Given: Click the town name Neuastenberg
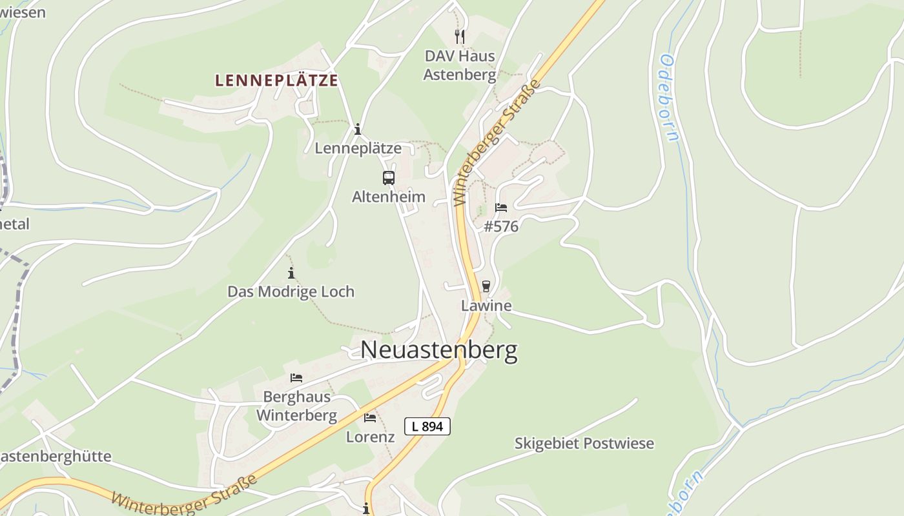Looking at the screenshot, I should click(x=439, y=350).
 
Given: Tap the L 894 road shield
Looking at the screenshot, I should click(x=427, y=426).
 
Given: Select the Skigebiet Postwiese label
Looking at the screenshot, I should click(x=584, y=444).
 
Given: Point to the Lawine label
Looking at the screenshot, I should click(x=486, y=306).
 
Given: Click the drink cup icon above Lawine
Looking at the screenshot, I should click(x=486, y=286).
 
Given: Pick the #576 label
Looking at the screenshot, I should click(x=501, y=226).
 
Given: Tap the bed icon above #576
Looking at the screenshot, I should click(x=500, y=208).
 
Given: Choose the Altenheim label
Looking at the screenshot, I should click(x=389, y=197).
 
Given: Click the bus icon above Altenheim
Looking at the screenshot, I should click(x=388, y=178).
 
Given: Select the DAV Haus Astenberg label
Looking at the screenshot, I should click(x=460, y=65).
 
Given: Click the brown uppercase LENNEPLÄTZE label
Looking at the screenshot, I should click(x=276, y=81).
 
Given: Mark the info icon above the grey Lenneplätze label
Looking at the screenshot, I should click(x=358, y=130).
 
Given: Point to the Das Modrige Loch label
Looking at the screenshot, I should click(x=291, y=292).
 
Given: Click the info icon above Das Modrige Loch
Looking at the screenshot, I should click(x=291, y=273).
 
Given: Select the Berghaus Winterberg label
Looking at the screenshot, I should click(x=296, y=406).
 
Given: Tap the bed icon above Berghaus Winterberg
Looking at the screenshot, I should click(x=296, y=378).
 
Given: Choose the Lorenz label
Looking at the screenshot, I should click(x=370, y=437).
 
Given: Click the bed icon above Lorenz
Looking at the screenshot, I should click(x=370, y=418).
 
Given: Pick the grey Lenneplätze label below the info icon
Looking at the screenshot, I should click(x=358, y=148).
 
